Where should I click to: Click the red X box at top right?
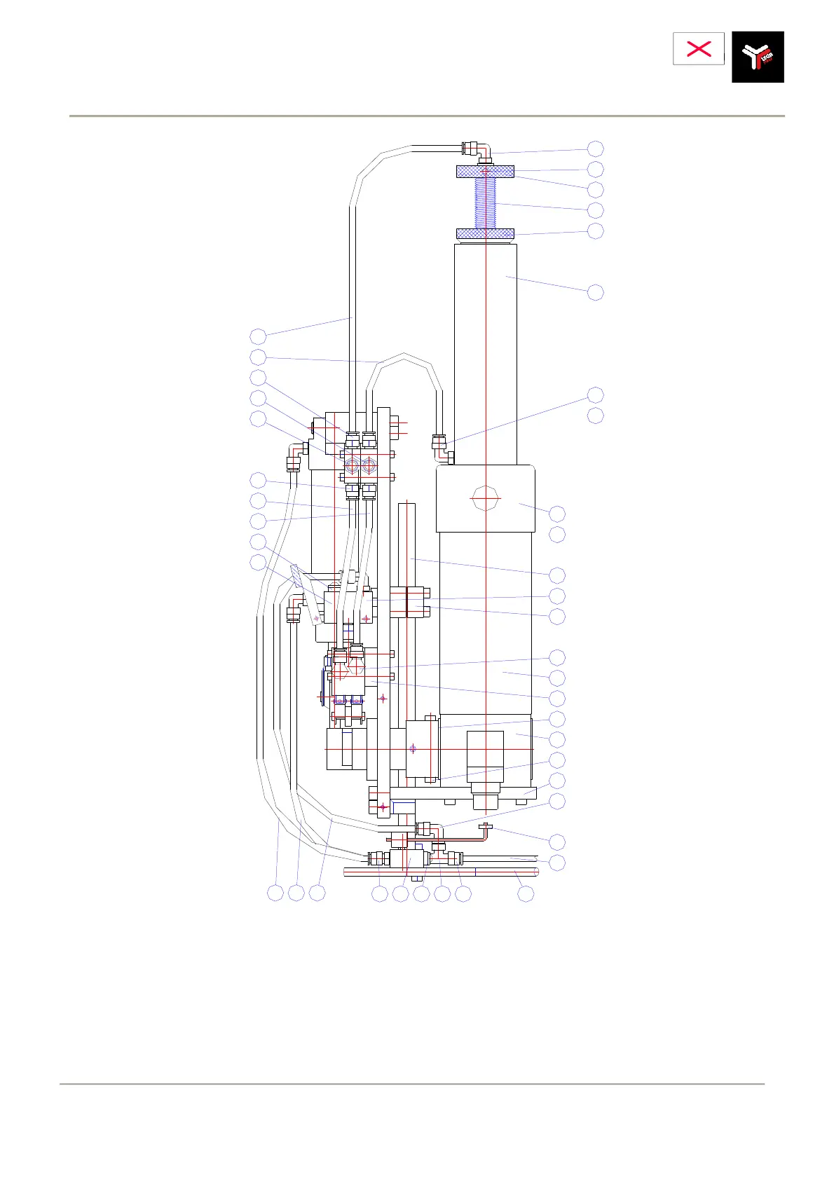[x=698, y=48]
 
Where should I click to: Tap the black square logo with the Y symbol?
[x=758, y=57]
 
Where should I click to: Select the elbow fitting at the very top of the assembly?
[x=481, y=149]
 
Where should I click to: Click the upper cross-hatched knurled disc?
[x=485, y=171]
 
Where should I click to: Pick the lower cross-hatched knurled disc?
[x=485, y=233]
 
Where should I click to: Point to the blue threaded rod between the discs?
[x=485, y=203]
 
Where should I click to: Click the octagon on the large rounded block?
[x=485, y=498]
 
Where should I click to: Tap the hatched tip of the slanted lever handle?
[x=295, y=576]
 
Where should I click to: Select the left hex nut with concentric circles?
[x=352, y=465]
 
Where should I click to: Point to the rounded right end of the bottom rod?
[x=536, y=872]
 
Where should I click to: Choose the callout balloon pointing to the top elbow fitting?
[x=595, y=149]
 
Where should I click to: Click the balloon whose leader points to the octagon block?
[x=557, y=514]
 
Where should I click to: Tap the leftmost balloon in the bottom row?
[x=275, y=893]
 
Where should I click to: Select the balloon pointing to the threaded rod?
[x=595, y=210]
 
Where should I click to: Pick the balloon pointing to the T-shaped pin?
[x=557, y=842]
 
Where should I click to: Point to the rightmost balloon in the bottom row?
[x=526, y=893]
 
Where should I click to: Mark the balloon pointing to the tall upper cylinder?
[x=595, y=292]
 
